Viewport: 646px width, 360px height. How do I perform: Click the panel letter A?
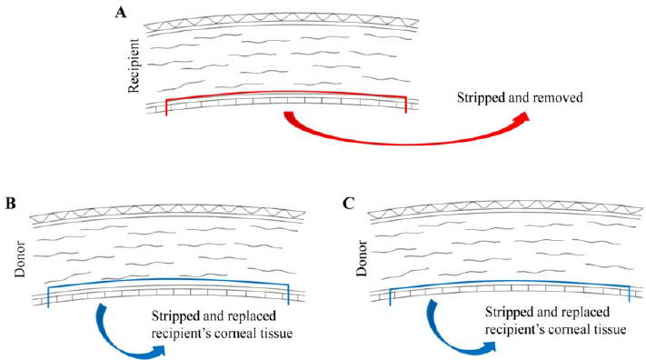[x=121, y=13]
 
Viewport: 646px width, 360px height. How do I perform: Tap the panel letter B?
[x=10, y=203]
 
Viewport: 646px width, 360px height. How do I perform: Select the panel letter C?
[x=348, y=203]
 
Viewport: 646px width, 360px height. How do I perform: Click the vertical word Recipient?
[x=134, y=65]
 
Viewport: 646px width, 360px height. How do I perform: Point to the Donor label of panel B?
[x=20, y=259]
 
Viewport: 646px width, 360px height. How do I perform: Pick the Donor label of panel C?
[x=362, y=258]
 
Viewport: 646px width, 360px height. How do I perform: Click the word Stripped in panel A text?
[x=481, y=98]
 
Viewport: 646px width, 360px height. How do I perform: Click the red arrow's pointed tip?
[x=529, y=113]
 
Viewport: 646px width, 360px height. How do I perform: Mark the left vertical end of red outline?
[x=166, y=106]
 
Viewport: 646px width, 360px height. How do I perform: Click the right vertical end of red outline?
[x=406, y=105]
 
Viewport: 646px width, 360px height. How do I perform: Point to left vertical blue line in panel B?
[x=48, y=297]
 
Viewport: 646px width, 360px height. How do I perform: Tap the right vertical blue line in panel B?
[x=288, y=295]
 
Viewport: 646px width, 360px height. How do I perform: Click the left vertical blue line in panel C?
[x=390, y=297]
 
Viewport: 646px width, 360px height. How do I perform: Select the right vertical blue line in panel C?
[x=629, y=294]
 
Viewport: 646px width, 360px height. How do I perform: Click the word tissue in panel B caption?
[x=274, y=333]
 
